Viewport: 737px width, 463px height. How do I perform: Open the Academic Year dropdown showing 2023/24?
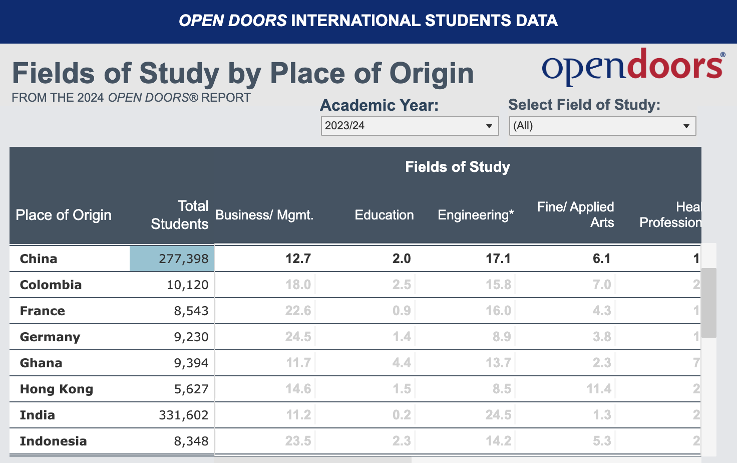pos(409,126)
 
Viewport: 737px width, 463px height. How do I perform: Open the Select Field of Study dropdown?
pos(602,126)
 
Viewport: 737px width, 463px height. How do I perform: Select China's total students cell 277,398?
pos(172,259)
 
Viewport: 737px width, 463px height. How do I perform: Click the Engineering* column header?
pos(476,215)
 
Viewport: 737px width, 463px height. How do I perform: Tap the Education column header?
pos(384,215)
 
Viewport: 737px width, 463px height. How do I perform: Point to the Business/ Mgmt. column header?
pos(264,215)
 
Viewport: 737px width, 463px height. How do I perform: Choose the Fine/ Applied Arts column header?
pos(576,214)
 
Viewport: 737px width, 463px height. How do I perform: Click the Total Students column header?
pos(180,215)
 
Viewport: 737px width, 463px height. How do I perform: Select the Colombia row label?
pos(51,285)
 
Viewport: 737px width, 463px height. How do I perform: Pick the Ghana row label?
pos(41,363)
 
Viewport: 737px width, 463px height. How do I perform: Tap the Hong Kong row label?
pos(57,389)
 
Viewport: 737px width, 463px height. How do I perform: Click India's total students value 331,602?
pos(183,415)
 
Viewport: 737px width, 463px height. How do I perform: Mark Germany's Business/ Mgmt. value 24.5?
pos(298,337)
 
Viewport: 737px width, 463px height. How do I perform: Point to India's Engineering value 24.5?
pos(498,415)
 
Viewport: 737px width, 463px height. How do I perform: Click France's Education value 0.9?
pos(402,311)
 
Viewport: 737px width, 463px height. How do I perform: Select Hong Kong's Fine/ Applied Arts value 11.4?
pos(599,389)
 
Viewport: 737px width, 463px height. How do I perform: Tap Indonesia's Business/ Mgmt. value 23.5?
pos(298,441)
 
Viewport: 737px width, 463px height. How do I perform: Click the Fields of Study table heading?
pos(457,167)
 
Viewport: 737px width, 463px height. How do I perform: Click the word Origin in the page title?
pos(432,73)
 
